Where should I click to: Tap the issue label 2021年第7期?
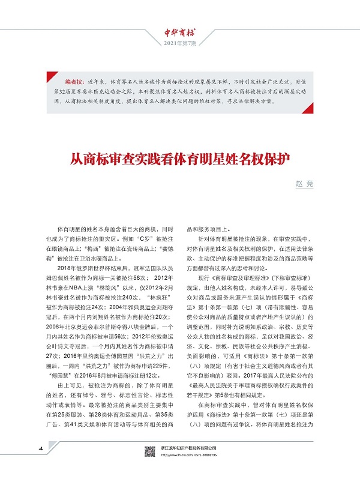click(181, 44)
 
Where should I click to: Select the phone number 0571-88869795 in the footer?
click(205, 470)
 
